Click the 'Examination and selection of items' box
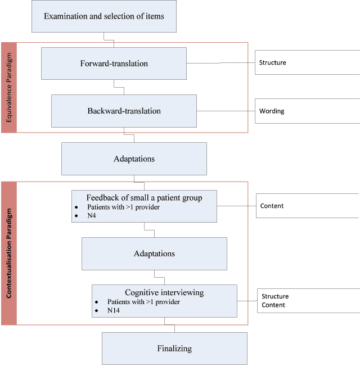click(x=104, y=16)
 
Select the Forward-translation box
click(x=114, y=64)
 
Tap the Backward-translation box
click(x=124, y=111)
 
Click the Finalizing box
click(x=174, y=349)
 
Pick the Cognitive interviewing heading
click(x=164, y=292)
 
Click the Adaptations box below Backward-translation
click(x=134, y=159)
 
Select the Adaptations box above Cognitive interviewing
click(x=154, y=254)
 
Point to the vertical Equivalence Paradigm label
click(x=9, y=88)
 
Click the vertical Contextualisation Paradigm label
click(x=9, y=253)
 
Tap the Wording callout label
click(x=272, y=111)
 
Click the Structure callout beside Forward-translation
click(x=272, y=62)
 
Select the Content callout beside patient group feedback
click(x=272, y=206)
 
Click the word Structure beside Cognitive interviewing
click(x=275, y=296)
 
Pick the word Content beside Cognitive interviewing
click(x=273, y=305)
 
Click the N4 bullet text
click(x=92, y=216)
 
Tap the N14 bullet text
click(x=114, y=310)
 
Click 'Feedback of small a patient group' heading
click(x=144, y=197)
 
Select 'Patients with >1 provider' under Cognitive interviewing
click(x=143, y=302)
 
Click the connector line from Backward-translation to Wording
click(x=225, y=111)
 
